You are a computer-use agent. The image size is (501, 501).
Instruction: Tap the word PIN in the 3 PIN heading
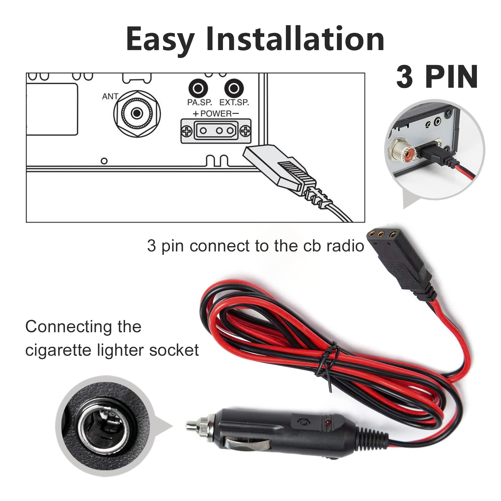[452, 77]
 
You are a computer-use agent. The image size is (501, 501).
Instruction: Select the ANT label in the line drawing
[110, 96]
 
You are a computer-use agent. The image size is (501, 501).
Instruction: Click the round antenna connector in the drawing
[137, 113]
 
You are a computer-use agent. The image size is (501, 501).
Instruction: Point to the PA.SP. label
[199, 102]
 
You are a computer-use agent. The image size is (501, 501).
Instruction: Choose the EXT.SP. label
[234, 102]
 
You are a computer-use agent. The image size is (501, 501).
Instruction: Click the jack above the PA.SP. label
[198, 89]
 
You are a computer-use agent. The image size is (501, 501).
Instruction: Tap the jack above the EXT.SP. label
[234, 89]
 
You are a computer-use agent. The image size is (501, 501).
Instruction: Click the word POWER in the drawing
[216, 113]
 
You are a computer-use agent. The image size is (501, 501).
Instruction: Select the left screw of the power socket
[187, 131]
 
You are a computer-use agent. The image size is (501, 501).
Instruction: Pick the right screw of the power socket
[245, 131]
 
